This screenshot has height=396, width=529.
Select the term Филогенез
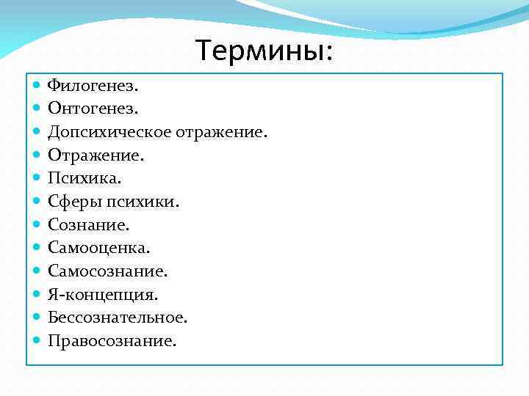[93, 86]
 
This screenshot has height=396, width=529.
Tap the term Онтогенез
[93, 109]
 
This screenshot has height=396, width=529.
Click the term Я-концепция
[103, 294]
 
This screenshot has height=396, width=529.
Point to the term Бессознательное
[118, 318]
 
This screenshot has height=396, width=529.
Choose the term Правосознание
[112, 340]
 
